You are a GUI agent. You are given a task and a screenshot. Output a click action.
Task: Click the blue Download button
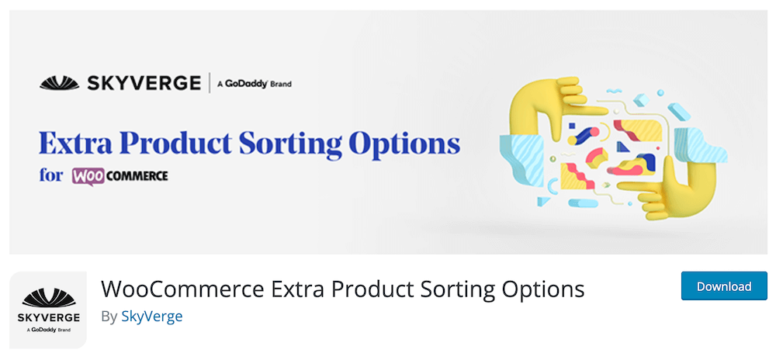pos(723,286)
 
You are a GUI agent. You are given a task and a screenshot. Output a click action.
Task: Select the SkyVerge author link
pos(152,317)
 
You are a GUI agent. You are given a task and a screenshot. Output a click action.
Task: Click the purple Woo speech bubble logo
pos(88,177)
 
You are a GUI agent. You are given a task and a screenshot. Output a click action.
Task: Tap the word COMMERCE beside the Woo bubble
pos(137,176)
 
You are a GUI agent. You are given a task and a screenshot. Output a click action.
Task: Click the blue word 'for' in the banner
pos(51,175)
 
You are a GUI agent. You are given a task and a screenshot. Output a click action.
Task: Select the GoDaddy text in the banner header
pos(247,84)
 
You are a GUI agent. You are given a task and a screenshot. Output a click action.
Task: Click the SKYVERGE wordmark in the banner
pos(144,83)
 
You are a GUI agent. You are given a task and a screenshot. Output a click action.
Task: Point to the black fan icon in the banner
pos(60,83)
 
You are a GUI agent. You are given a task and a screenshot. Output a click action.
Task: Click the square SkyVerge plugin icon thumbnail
pos(48,310)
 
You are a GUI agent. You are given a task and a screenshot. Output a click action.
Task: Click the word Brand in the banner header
pos(281,84)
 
